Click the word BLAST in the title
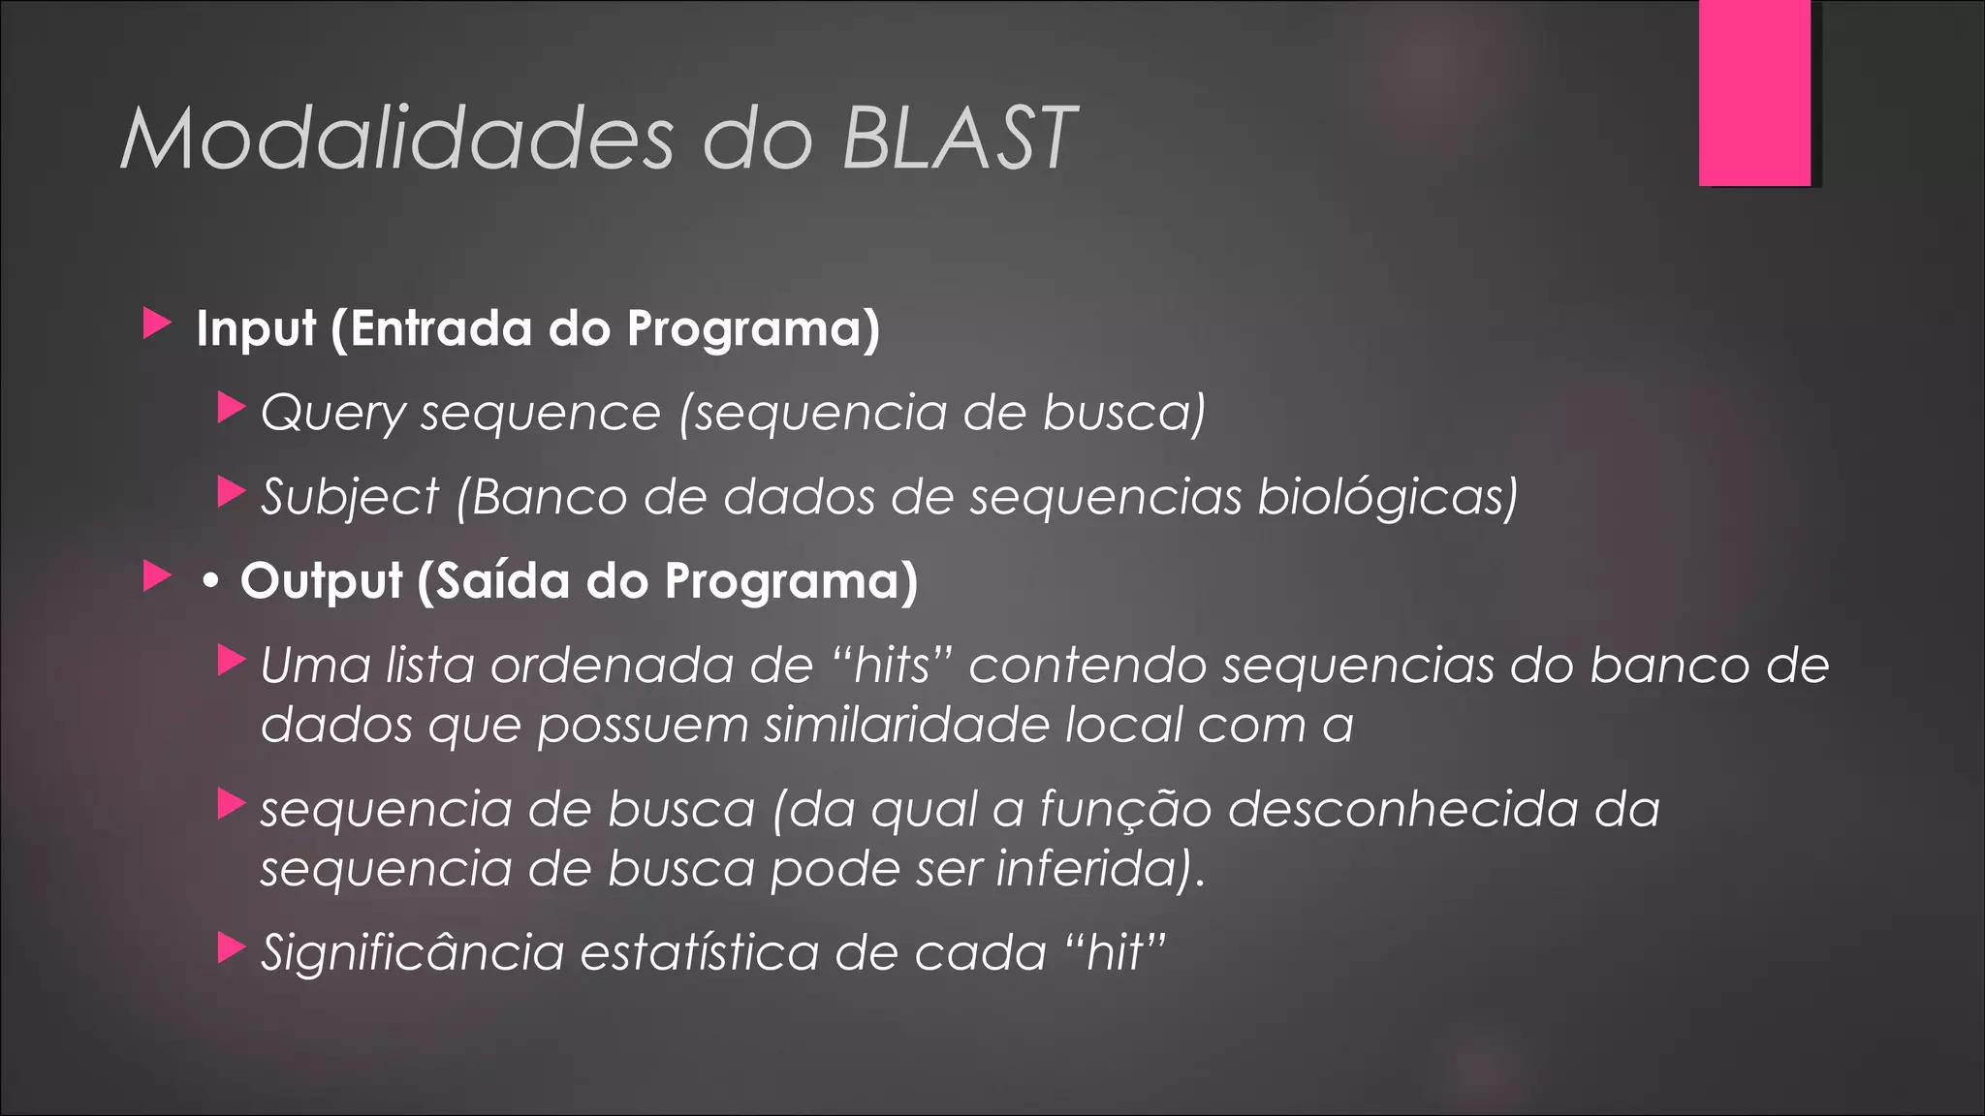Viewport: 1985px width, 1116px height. (x=959, y=139)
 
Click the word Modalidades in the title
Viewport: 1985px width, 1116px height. (x=396, y=139)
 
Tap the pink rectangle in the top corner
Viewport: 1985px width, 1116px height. (x=1754, y=92)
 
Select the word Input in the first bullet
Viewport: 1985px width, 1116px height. (x=256, y=329)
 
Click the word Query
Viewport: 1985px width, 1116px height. (x=332, y=414)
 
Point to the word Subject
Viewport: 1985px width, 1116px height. (x=350, y=498)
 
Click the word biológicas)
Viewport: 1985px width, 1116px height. (x=1387, y=498)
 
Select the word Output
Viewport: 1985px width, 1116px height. (x=321, y=581)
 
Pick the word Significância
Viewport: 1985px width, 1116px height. (x=413, y=952)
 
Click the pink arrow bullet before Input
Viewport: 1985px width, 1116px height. (x=156, y=324)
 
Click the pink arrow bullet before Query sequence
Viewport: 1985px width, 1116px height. (x=231, y=408)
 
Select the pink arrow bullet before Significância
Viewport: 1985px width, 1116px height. (x=231, y=947)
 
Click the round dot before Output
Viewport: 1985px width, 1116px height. (x=209, y=582)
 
